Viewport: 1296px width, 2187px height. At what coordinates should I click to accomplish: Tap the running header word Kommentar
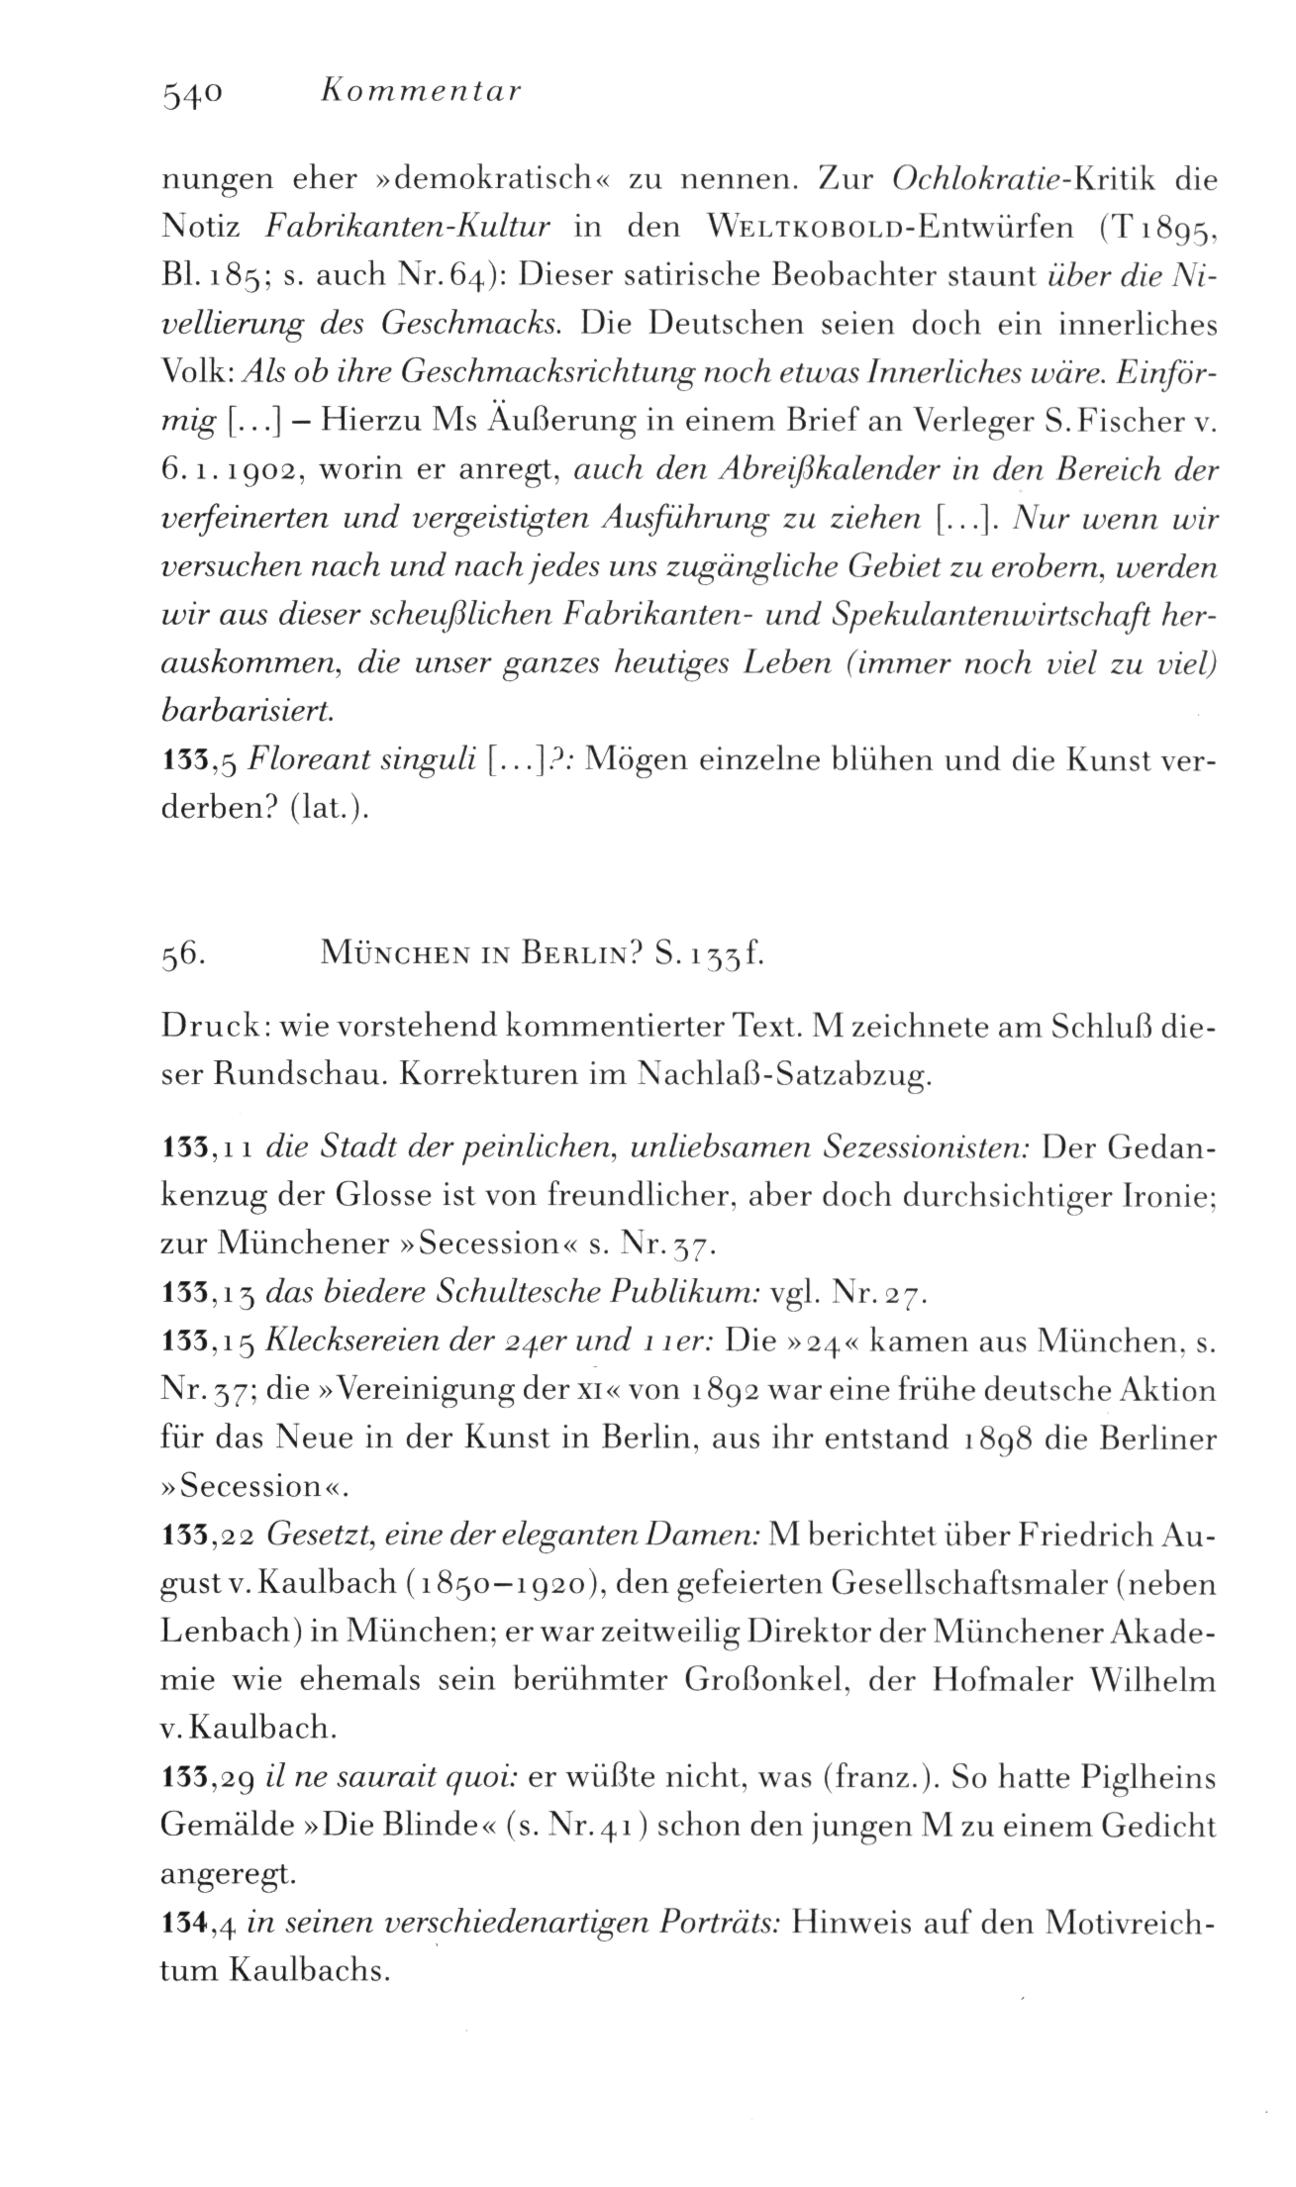[x=421, y=92]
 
